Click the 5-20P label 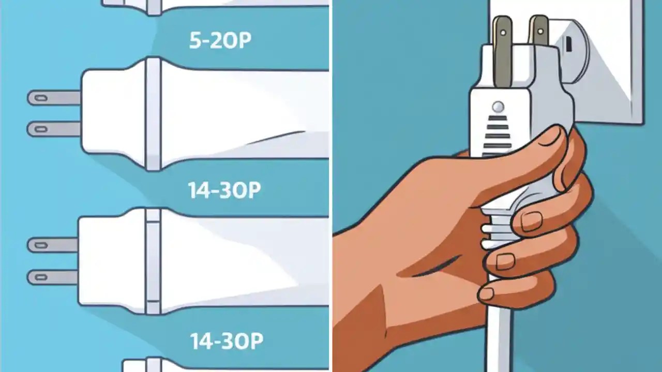[x=220, y=41]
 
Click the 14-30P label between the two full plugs [x=224, y=190]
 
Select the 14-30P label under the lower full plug [x=227, y=340]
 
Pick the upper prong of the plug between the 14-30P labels [x=52, y=245]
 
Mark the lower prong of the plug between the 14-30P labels [x=52, y=277]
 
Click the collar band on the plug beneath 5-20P [x=154, y=114]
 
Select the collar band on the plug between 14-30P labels [x=153, y=261]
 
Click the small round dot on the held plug [x=498, y=107]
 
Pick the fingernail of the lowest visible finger [x=486, y=293]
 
